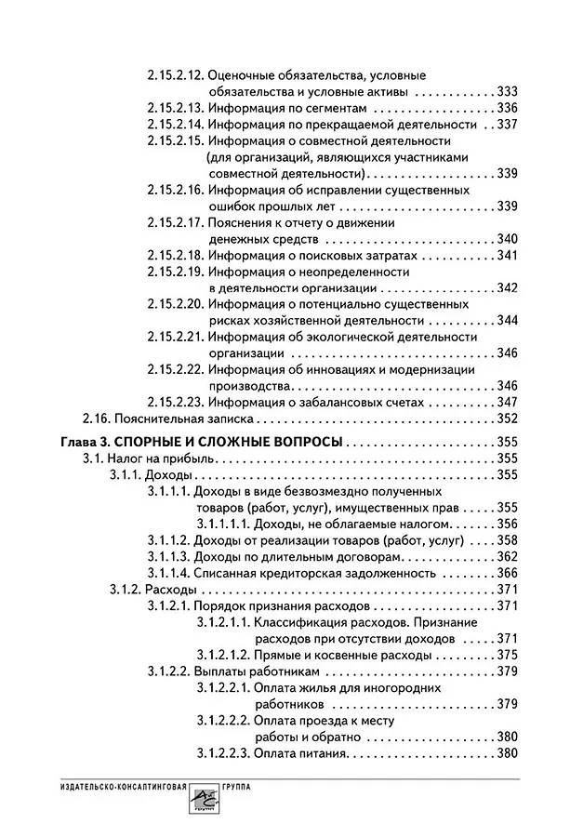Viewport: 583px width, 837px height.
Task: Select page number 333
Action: pyautogui.click(x=508, y=92)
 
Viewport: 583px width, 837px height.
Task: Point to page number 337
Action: pyautogui.click(x=508, y=125)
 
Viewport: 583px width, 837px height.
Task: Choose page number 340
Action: pyautogui.click(x=508, y=239)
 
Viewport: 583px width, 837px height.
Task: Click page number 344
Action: pyautogui.click(x=508, y=321)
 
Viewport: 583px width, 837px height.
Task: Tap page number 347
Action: pyautogui.click(x=508, y=403)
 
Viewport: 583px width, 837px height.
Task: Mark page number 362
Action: pyautogui.click(x=508, y=556)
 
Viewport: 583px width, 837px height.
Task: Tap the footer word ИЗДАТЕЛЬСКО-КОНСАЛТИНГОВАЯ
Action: pyautogui.click(x=106, y=786)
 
